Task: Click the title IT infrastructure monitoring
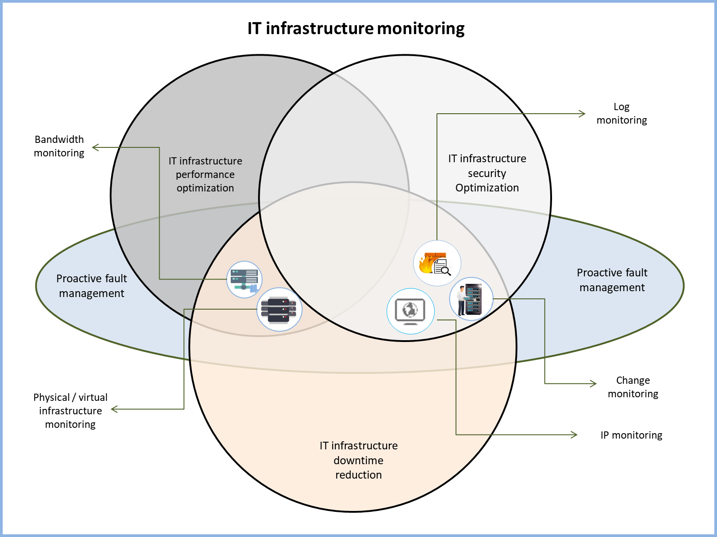[x=356, y=28]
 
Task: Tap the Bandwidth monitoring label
[x=59, y=146]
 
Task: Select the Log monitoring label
[x=622, y=113]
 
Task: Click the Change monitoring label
[x=633, y=387]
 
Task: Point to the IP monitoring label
[x=631, y=435]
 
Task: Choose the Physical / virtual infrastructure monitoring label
[x=71, y=411]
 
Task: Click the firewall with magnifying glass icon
[x=436, y=263]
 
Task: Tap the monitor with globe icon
[x=410, y=311]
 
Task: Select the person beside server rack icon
[x=471, y=298]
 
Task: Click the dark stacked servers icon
[x=279, y=309]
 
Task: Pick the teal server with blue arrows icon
[x=244, y=279]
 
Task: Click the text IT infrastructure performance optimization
[x=205, y=174]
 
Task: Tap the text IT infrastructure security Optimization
[x=487, y=173]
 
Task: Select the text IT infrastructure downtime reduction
[x=358, y=460]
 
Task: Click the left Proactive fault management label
[x=92, y=286]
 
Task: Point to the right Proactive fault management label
[x=612, y=280]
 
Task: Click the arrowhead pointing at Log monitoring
[x=583, y=114]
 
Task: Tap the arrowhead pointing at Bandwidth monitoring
[x=94, y=147]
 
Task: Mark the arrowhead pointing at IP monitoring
[x=575, y=435]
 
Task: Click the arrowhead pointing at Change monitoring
[x=594, y=383]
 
